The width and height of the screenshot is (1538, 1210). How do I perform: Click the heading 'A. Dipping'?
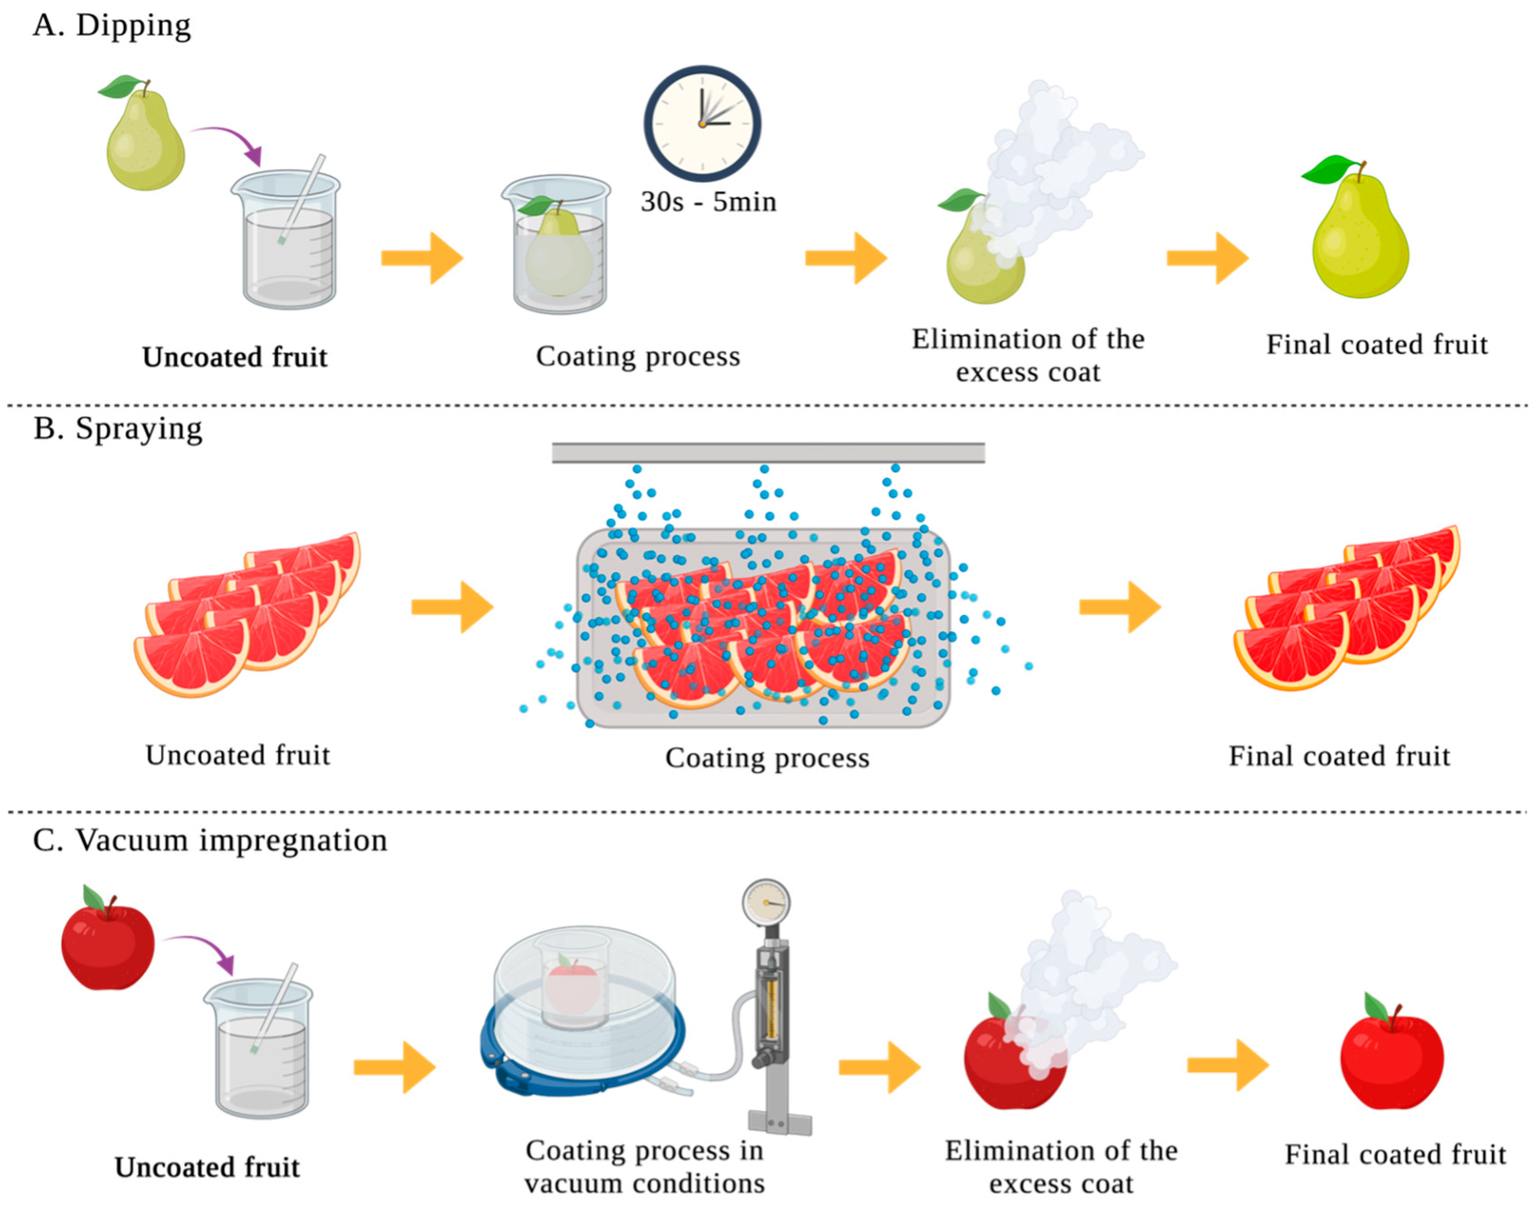[112, 26]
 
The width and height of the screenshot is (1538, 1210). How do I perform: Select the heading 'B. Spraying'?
[118, 429]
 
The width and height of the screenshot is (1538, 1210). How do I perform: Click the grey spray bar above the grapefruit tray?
[768, 452]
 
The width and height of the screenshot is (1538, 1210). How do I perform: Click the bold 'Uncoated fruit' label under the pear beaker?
[234, 357]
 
